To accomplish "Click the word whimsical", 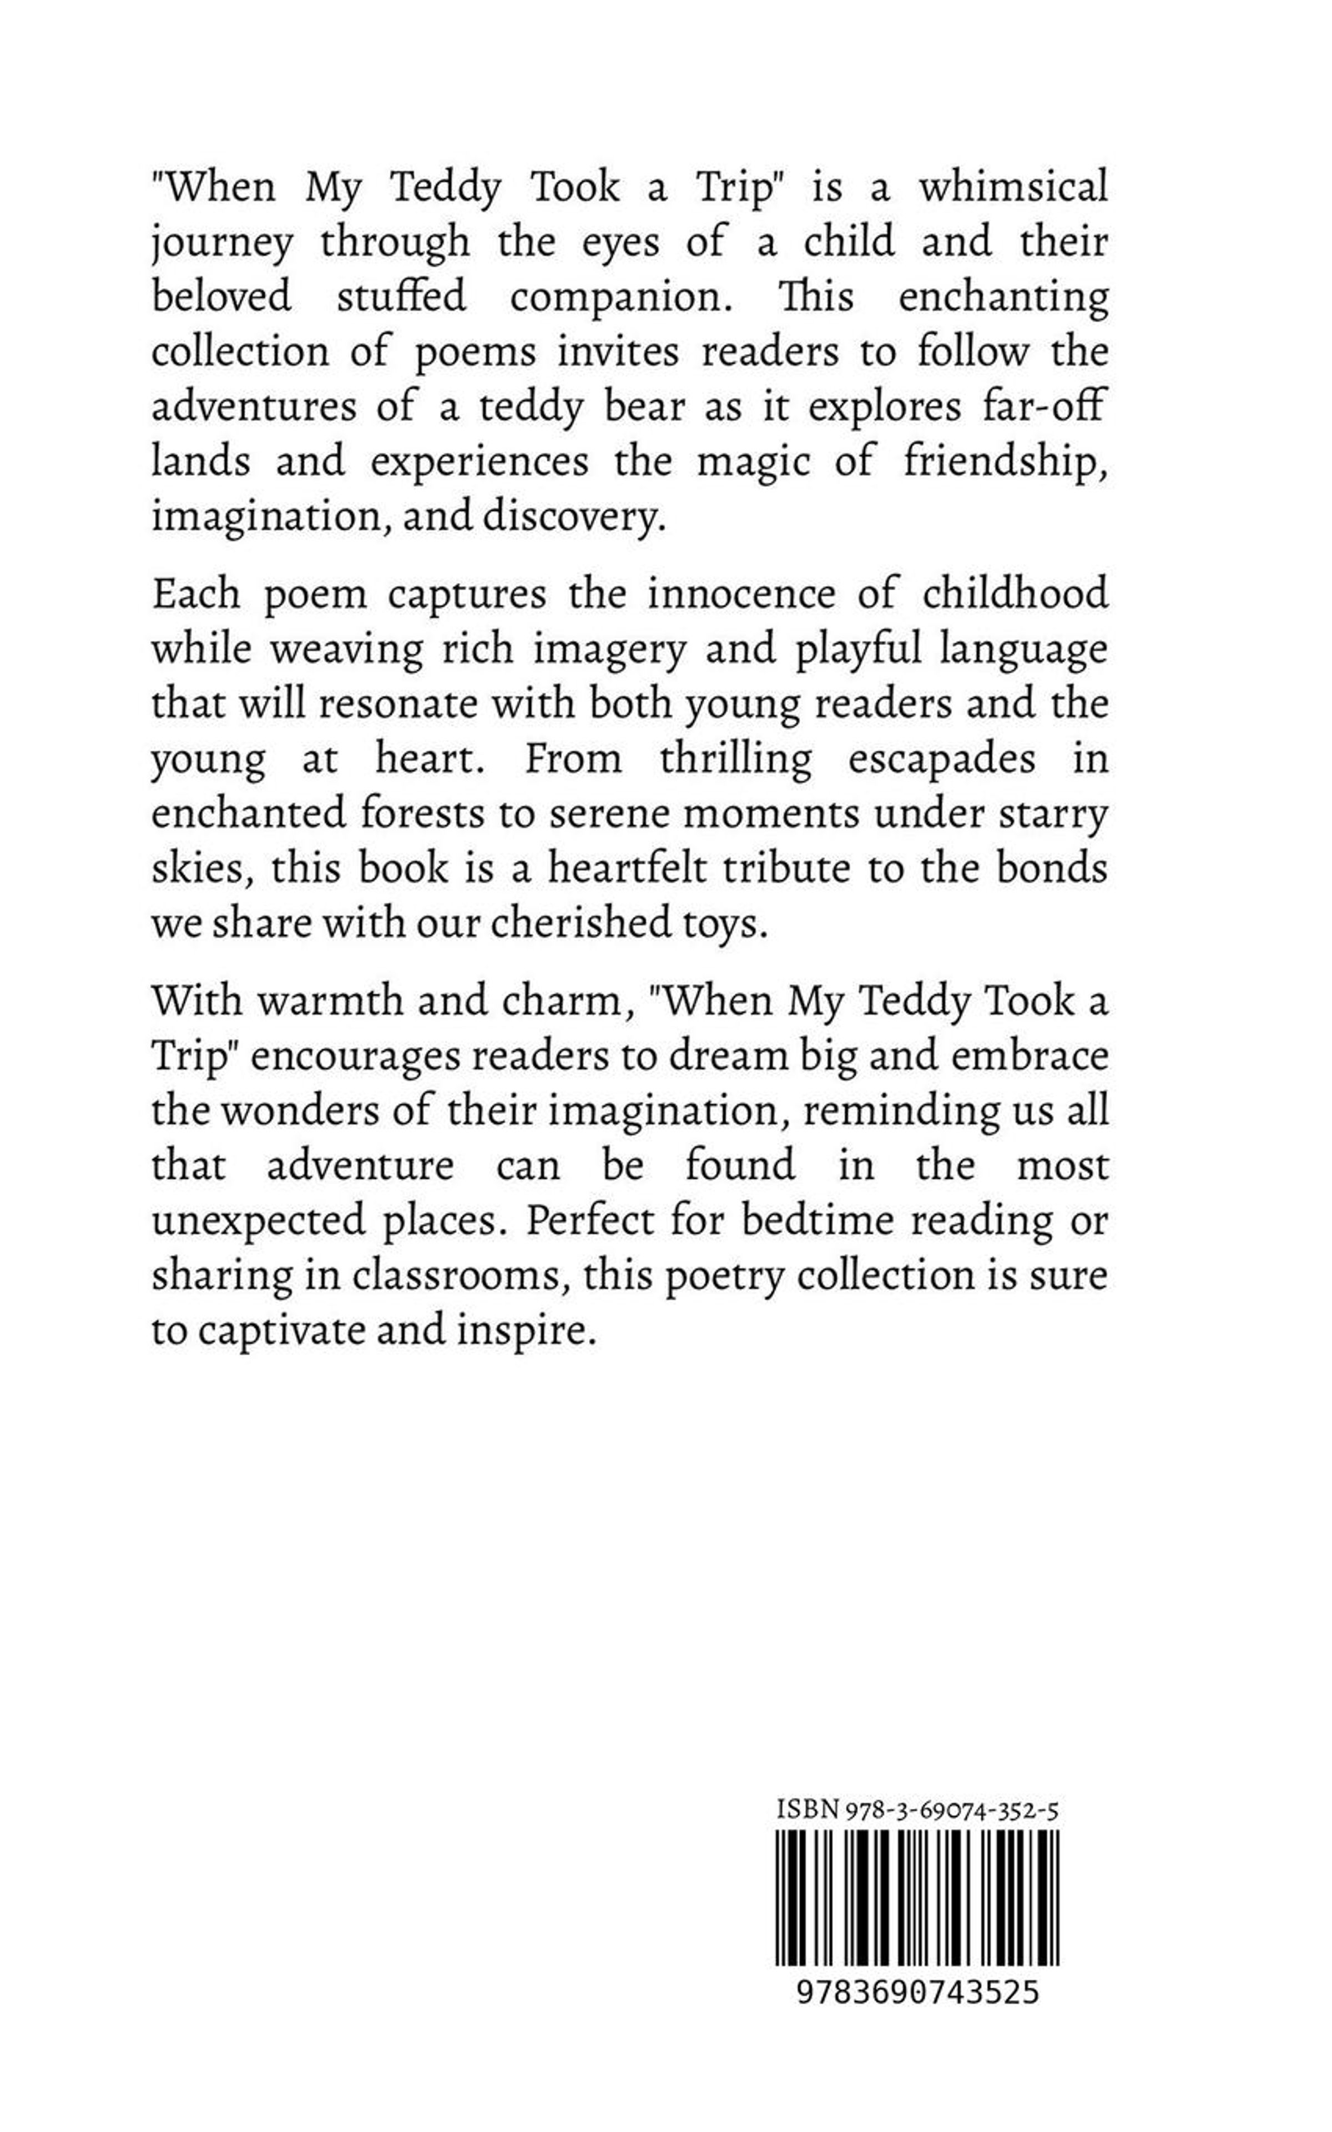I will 1013,189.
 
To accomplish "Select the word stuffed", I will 402,297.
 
